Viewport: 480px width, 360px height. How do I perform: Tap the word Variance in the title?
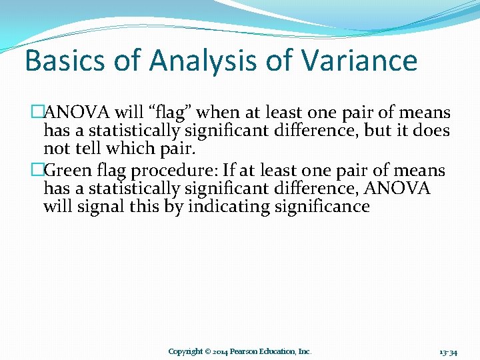pos(359,61)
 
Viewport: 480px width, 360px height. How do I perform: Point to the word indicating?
pos(227,207)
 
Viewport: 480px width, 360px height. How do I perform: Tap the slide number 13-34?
pos(448,351)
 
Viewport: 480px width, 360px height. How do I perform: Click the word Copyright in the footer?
pos(185,351)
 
